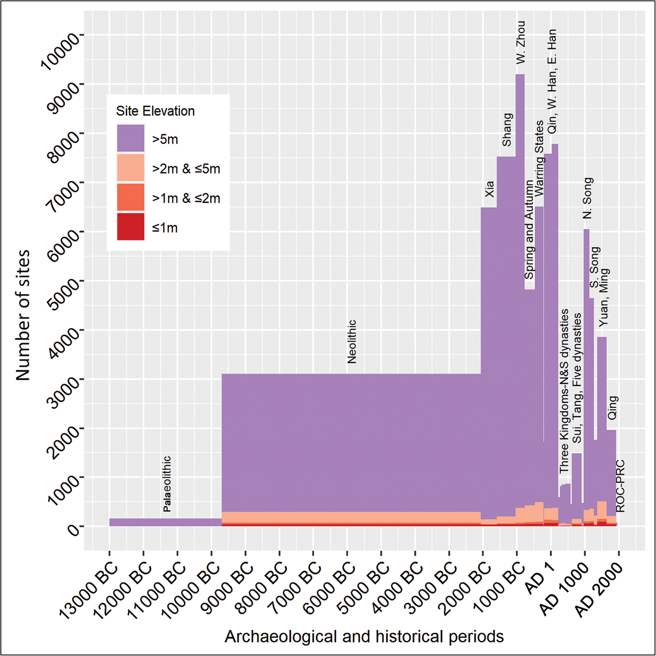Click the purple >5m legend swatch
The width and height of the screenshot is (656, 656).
130,138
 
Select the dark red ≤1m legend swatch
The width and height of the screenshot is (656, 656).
130,227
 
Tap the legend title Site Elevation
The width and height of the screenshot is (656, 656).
155,111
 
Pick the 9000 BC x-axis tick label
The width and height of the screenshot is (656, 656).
229,587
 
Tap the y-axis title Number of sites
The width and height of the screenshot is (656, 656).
23,315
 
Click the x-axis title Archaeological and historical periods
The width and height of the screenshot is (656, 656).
364,636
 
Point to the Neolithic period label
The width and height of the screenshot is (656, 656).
352,342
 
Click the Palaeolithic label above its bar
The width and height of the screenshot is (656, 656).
167,484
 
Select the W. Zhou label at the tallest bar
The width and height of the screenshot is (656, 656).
521,42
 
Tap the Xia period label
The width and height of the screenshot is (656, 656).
489,189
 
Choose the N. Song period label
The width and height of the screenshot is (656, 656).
587,198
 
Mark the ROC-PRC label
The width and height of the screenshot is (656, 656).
620,486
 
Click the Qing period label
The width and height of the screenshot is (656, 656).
613,407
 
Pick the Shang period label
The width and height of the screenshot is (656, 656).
507,130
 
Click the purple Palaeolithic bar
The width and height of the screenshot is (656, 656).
166,522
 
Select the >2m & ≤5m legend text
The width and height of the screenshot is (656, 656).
186,169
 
